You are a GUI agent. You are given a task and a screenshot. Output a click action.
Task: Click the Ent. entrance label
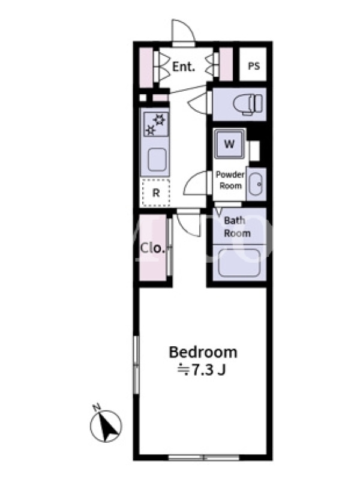coord(184,67)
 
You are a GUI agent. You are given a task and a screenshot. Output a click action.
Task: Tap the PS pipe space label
coord(254,66)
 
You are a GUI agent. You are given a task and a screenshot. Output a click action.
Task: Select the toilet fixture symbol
coord(248,104)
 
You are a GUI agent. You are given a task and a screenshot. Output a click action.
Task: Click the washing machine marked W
coord(230,143)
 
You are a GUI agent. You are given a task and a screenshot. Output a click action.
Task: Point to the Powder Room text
coord(230,180)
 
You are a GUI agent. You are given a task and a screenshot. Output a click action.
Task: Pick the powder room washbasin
coord(256,184)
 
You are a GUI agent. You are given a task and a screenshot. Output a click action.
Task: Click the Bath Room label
coord(237,227)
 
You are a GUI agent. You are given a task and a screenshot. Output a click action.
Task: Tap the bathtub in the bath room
coord(239,263)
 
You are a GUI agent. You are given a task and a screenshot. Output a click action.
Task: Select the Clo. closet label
coord(153,248)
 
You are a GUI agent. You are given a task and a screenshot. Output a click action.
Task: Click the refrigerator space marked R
coord(156,193)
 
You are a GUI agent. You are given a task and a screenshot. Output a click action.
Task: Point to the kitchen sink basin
coord(157,160)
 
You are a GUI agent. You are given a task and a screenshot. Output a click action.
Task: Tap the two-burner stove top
coord(156,124)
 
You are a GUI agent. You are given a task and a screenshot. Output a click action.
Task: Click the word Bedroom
coord(203,352)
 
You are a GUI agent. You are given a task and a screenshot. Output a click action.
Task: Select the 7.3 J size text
coord(202,370)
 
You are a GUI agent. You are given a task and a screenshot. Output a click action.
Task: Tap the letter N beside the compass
coord(97,407)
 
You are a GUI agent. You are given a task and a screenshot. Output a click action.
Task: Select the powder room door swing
coord(196,183)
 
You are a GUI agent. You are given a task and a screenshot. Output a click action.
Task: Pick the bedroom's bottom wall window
coord(203,458)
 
